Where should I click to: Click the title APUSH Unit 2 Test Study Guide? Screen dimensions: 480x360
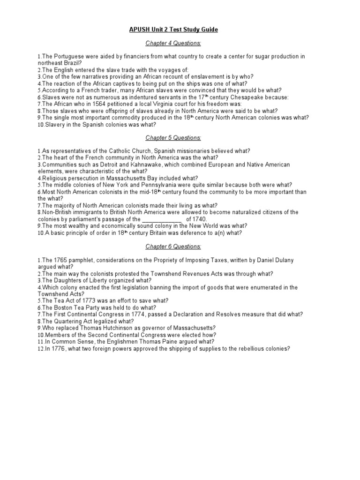[173, 30]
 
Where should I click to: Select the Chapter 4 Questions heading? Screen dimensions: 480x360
[173, 43]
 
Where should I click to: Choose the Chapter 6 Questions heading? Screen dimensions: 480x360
[173, 246]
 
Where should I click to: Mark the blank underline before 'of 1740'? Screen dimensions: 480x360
[161, 219]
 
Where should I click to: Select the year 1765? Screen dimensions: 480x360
[60, 260]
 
